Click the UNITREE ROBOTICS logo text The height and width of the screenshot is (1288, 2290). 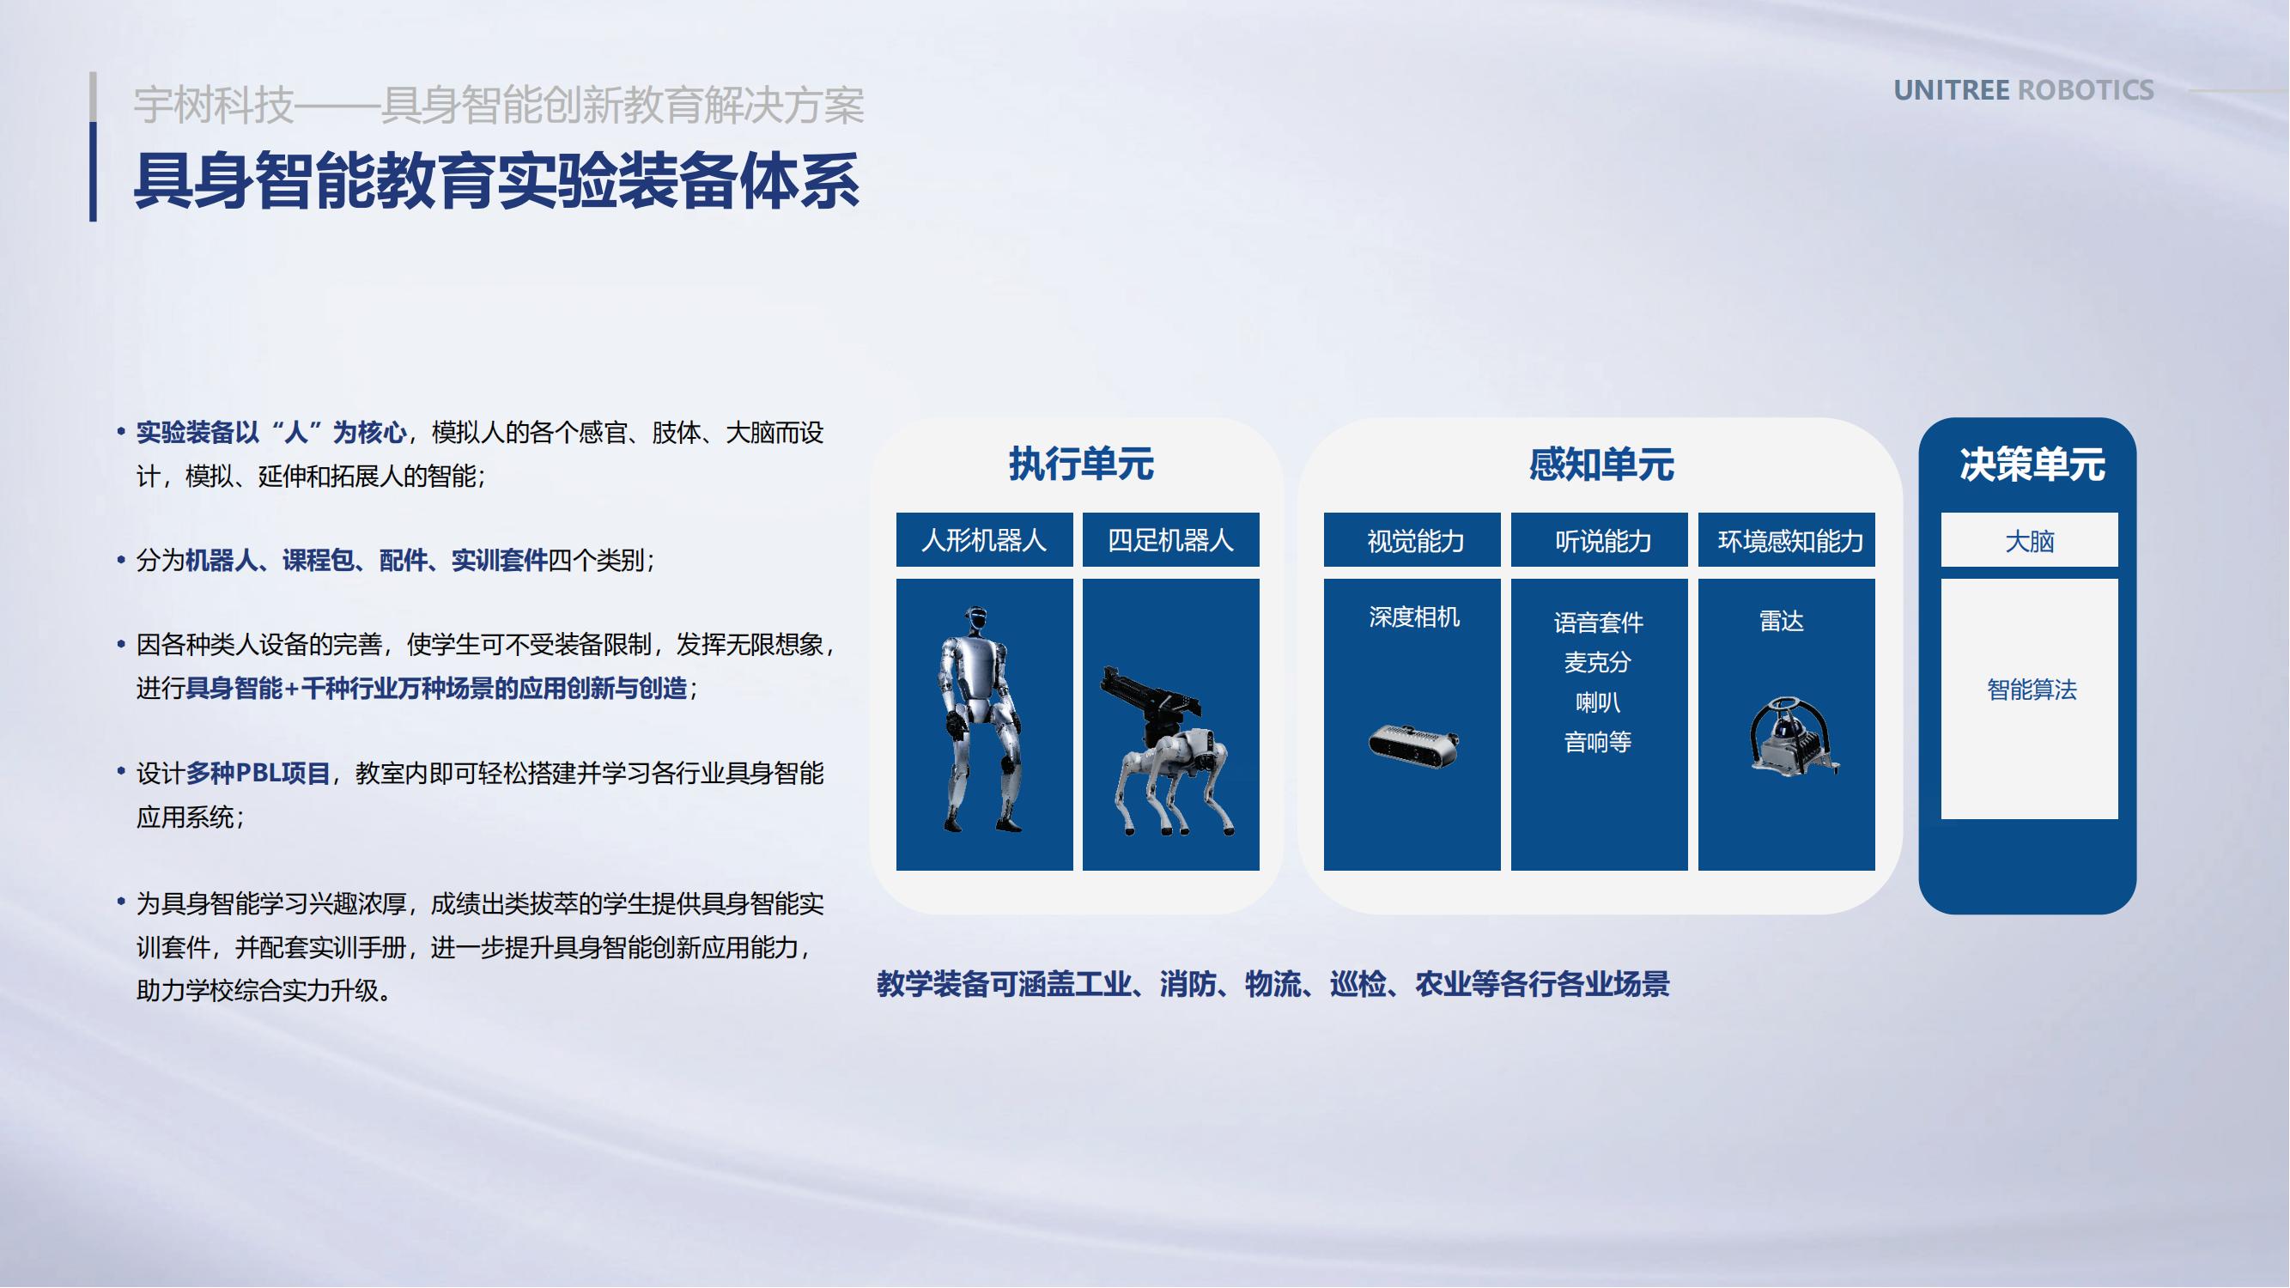[x=2023, y=91]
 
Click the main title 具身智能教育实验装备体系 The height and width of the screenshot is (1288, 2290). [x=496, y=181]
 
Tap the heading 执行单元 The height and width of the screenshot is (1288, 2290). [x=1081, y=464]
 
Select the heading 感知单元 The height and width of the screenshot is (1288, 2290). [x=1601, y=464]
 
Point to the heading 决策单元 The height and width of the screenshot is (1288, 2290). [x=2032, y=464]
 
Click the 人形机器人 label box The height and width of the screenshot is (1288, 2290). [x=984, y=539]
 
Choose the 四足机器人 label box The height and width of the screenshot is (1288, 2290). [x=1171, y=539]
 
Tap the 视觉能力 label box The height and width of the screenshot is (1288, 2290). [x=1412, y=539]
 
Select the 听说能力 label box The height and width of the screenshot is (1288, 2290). [x=1600, y=539]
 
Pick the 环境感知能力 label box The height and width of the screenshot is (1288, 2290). [x=1787, y=539]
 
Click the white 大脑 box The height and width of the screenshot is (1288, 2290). [x=2030, y=539]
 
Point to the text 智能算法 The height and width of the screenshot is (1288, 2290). [x=2032, y=690]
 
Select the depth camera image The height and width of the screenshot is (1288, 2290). [x=1413, y=744]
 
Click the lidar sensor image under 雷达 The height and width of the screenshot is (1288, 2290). [x=1791, y=736]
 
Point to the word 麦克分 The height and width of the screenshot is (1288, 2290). [x=1597, y=662]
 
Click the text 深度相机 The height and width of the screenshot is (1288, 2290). [x=1413, y=617]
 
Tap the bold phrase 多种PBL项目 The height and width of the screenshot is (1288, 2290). [x=258, y=774]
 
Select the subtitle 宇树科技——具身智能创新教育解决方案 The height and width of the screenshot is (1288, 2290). [x=499, y=105]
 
